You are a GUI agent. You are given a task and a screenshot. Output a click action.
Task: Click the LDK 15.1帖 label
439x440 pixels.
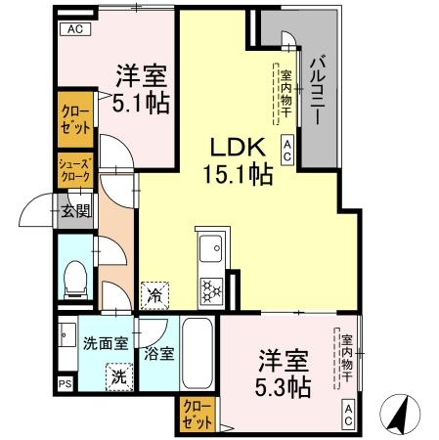(x=236, y=161)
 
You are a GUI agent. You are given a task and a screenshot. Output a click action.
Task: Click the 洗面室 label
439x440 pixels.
(x=107, y=343)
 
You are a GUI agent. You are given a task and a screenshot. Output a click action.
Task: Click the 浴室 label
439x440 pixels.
(x=160, y=354)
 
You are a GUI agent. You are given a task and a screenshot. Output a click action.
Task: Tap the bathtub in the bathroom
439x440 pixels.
(x=198, y=353)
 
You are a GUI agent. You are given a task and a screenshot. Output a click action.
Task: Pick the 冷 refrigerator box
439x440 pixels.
(x=155, y=292)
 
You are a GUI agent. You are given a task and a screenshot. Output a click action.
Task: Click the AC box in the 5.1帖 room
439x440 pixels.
(x=75, y=29)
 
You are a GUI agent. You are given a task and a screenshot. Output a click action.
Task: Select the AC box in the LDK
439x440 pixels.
(x=287, y=149)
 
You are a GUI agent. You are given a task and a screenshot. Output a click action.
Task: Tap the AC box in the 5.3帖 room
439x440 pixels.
(x=347, y=415)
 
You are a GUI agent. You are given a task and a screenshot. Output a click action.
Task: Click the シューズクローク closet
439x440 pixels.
(x=73, y=169)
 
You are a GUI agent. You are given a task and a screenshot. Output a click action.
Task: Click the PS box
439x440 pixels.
(x=65, y=384)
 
